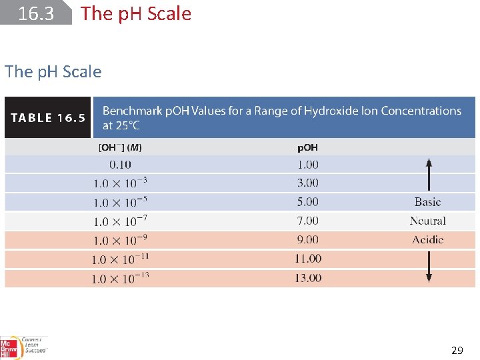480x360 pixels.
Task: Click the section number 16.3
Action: (36, 13)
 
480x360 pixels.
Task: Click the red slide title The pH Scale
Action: (135, 13)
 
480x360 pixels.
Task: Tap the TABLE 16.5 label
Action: (48, 118)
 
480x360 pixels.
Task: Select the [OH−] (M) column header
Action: (120, 147)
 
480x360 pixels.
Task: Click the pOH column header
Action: (307, 147)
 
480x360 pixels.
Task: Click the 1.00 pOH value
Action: (307, 164)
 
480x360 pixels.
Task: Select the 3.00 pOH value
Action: (307, 183)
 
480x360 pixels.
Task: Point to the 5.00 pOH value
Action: (307, 201)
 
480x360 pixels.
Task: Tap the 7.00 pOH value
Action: (307, 221)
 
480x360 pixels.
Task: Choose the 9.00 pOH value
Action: (307, 239)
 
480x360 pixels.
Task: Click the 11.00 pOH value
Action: (307, 259)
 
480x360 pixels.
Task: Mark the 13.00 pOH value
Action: (307, 277)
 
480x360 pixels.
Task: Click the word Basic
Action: (427, 202)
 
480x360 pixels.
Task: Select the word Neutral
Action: (427, 221)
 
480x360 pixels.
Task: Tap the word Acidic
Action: (427, 240)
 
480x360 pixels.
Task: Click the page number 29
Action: (457, 349)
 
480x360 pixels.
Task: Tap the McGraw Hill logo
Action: (9, 347)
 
